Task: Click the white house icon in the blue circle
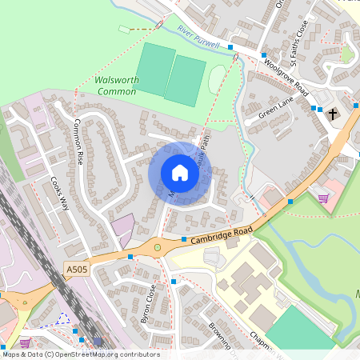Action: point(179,173)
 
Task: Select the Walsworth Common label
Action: point(116,86)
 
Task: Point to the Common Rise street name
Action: point(79,142)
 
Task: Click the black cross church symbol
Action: point(333,114)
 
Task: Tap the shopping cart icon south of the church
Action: point(324,198)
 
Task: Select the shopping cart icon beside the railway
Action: point(26,342)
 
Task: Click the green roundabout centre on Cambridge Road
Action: point(158,247)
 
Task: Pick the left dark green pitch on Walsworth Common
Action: point(156,70)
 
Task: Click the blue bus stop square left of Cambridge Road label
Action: point(184,238)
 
